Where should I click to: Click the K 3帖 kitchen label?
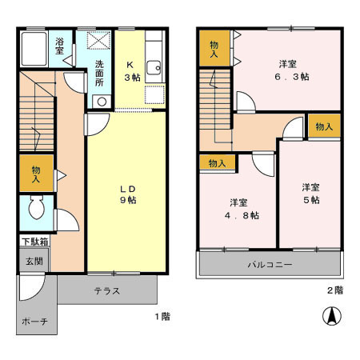[130, 70]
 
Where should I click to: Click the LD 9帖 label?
[127, 194]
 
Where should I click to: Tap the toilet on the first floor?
[34, 210]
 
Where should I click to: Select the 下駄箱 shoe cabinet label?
[34, 241]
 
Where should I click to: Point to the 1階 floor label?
[162, 316]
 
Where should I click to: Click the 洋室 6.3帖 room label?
[290, 70]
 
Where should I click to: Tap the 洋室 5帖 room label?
[310, 193]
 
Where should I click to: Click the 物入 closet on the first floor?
[35, 174]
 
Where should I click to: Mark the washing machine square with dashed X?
[100, 41]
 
